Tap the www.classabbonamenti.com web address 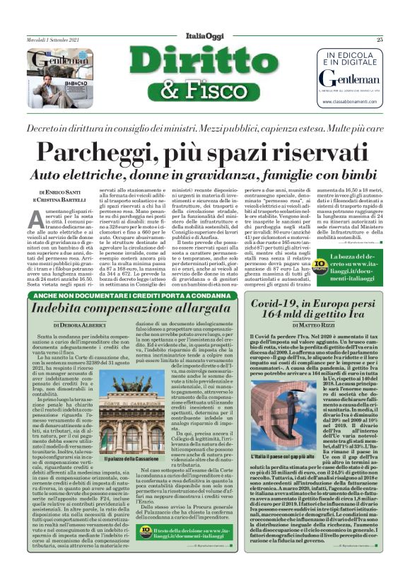pos(346,102)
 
